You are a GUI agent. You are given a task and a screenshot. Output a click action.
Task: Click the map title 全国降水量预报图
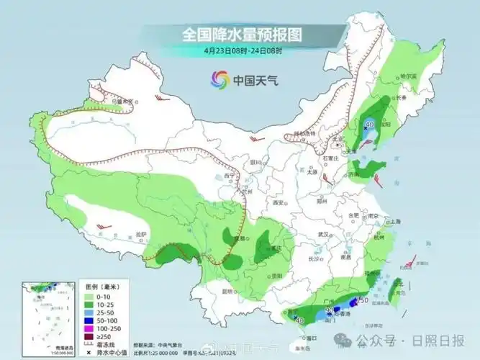point(240,35)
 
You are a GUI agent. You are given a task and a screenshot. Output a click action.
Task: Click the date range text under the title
point(243,50)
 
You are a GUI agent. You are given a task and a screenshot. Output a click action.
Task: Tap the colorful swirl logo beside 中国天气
point(219,80)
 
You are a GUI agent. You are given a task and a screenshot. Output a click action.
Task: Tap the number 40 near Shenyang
point(371,125)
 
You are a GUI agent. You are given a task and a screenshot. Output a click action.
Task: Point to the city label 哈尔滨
point(409,76)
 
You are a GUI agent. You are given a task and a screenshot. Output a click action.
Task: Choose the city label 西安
point(279,204)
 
